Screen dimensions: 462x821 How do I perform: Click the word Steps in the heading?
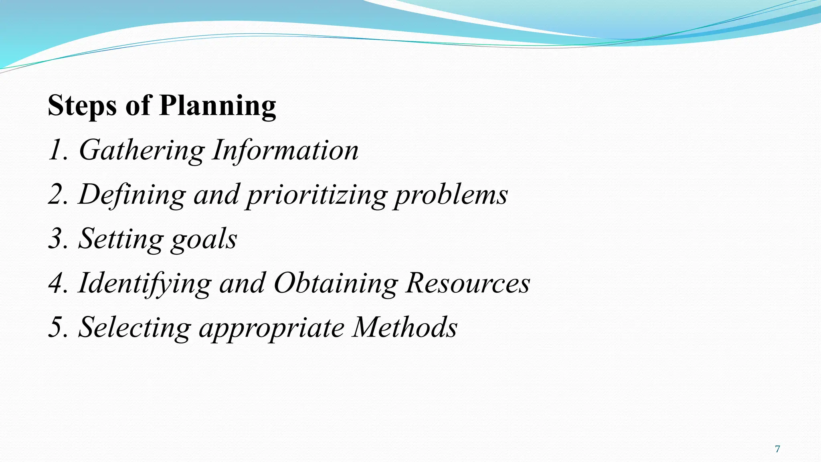coord(83,106)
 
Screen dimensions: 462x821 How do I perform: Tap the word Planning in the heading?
coord(218,106)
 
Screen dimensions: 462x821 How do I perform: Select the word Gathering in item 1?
coord(142,151)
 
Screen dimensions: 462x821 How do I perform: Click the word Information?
coord(285,150)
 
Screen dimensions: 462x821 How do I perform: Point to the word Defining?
coord(132,195)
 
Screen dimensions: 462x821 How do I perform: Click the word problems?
coord(451,195)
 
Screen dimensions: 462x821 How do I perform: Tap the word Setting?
coord(121,239)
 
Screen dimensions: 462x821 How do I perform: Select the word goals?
coord(204,239)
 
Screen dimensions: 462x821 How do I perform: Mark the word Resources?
coord(467,283)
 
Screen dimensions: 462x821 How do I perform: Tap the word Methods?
coord(404,327)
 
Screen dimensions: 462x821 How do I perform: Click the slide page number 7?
coord(777,449)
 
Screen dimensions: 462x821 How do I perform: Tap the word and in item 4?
coord(242,283)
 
